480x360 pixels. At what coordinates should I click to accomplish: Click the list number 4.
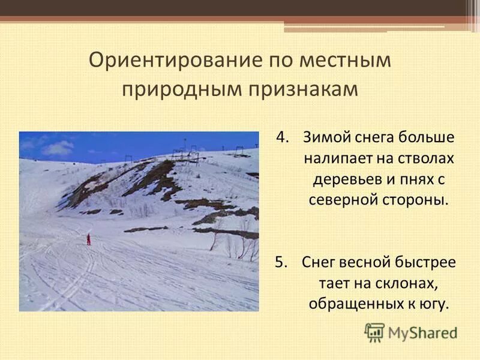(282, 137)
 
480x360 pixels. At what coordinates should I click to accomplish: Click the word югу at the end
(433, 304)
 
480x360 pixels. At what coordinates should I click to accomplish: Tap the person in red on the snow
(89, 239)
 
